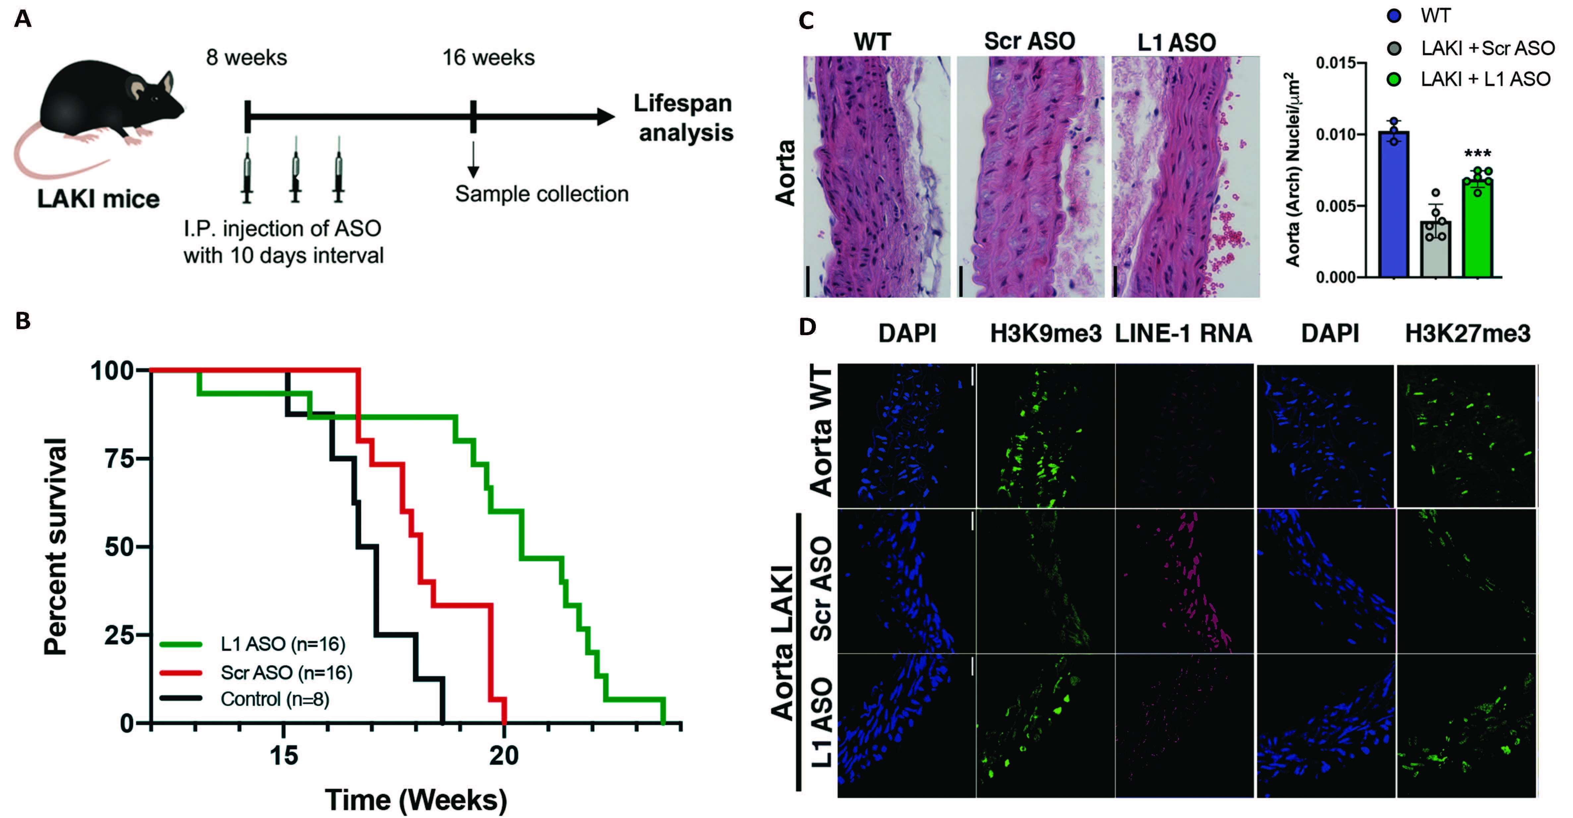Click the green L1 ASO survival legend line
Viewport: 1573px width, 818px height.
pos(181,644)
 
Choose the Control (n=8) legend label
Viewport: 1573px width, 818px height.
pos(275,699)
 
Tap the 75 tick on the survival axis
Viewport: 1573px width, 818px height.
pos(119,458)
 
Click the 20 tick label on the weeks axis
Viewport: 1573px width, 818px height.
pos(504,756)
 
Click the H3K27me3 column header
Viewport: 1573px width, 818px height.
pos(1467,333)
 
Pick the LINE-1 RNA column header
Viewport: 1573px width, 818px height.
pos(1183,333)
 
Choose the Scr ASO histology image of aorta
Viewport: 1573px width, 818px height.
pos(1030,177)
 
